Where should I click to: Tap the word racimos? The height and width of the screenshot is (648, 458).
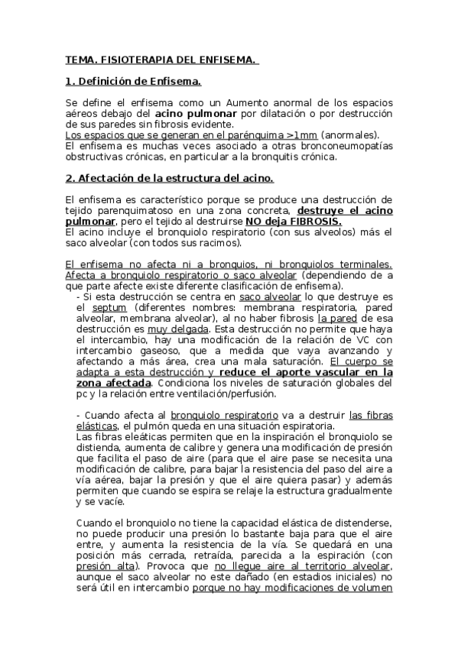217,243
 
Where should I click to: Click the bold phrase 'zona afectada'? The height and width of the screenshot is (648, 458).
115,382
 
